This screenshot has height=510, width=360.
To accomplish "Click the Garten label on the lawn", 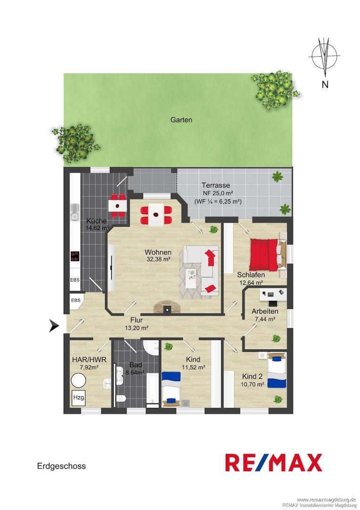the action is [181, 120].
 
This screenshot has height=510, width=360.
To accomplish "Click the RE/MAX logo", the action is [274, 462].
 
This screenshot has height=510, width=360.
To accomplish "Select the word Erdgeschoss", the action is [61, 466].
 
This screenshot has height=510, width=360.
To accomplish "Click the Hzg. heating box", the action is [78, 397].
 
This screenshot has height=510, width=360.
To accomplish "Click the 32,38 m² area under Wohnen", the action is [158, 259].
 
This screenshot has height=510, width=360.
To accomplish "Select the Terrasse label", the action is [216, 186].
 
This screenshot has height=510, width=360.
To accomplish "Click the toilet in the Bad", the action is [121, 399].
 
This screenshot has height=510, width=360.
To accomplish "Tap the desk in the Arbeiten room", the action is [272, 295].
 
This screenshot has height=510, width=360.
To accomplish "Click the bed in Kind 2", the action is [277, 371].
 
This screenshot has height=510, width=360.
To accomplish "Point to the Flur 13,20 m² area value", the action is [136, 328].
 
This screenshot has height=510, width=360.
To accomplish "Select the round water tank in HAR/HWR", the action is [79, 381].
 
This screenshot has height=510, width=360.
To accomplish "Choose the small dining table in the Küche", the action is [117, 205].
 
